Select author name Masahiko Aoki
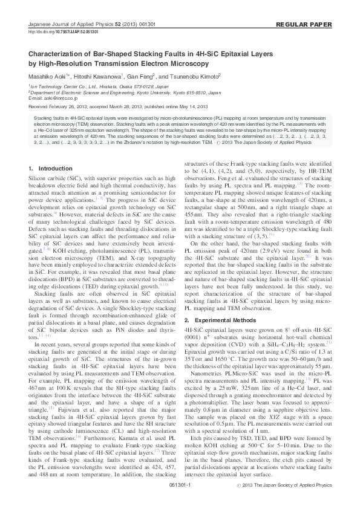(50, 77)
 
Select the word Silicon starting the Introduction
(38, 178)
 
